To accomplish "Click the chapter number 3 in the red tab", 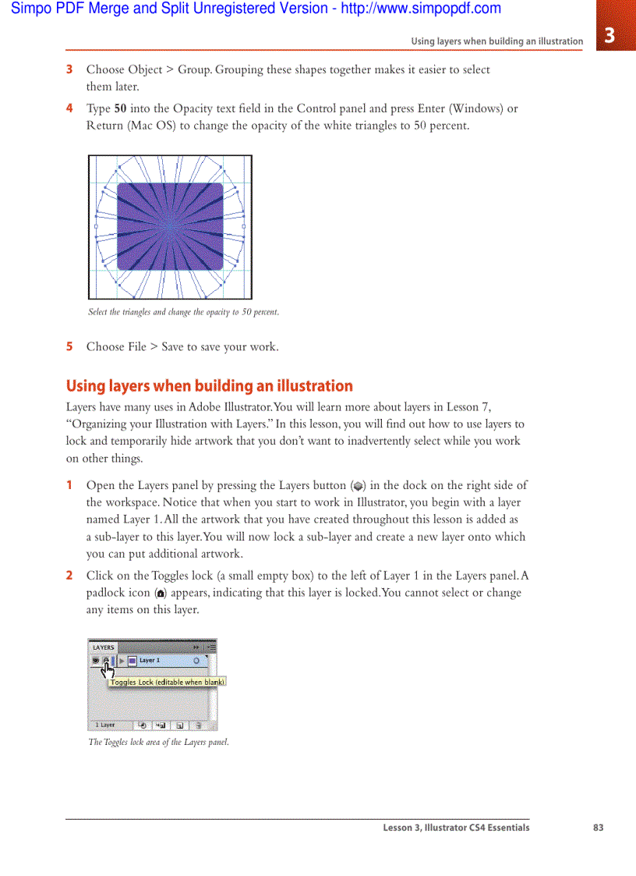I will tap(609, 35).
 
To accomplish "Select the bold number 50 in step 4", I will tap(121, 108).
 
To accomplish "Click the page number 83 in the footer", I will tap(598, 828).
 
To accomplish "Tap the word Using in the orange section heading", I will tap(85, 386).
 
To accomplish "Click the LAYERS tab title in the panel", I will tap(104, 647).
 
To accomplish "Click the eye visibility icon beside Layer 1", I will tap(96, 660).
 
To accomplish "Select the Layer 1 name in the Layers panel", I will tap(150, 660).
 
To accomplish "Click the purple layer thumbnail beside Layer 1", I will tap(132, 661).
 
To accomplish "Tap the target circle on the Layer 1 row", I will tap(196, 661).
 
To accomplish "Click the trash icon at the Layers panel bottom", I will tap(199, 725).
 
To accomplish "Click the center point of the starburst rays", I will tap(170, 226).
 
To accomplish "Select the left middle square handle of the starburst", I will tap(96, 226).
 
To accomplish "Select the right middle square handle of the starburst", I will tap(243, 226).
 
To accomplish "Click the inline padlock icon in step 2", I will tap(161, 594).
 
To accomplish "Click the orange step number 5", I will tap(69, 346).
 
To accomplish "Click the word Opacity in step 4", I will tap(193, 108).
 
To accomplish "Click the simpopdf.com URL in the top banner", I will tap(421, 9).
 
